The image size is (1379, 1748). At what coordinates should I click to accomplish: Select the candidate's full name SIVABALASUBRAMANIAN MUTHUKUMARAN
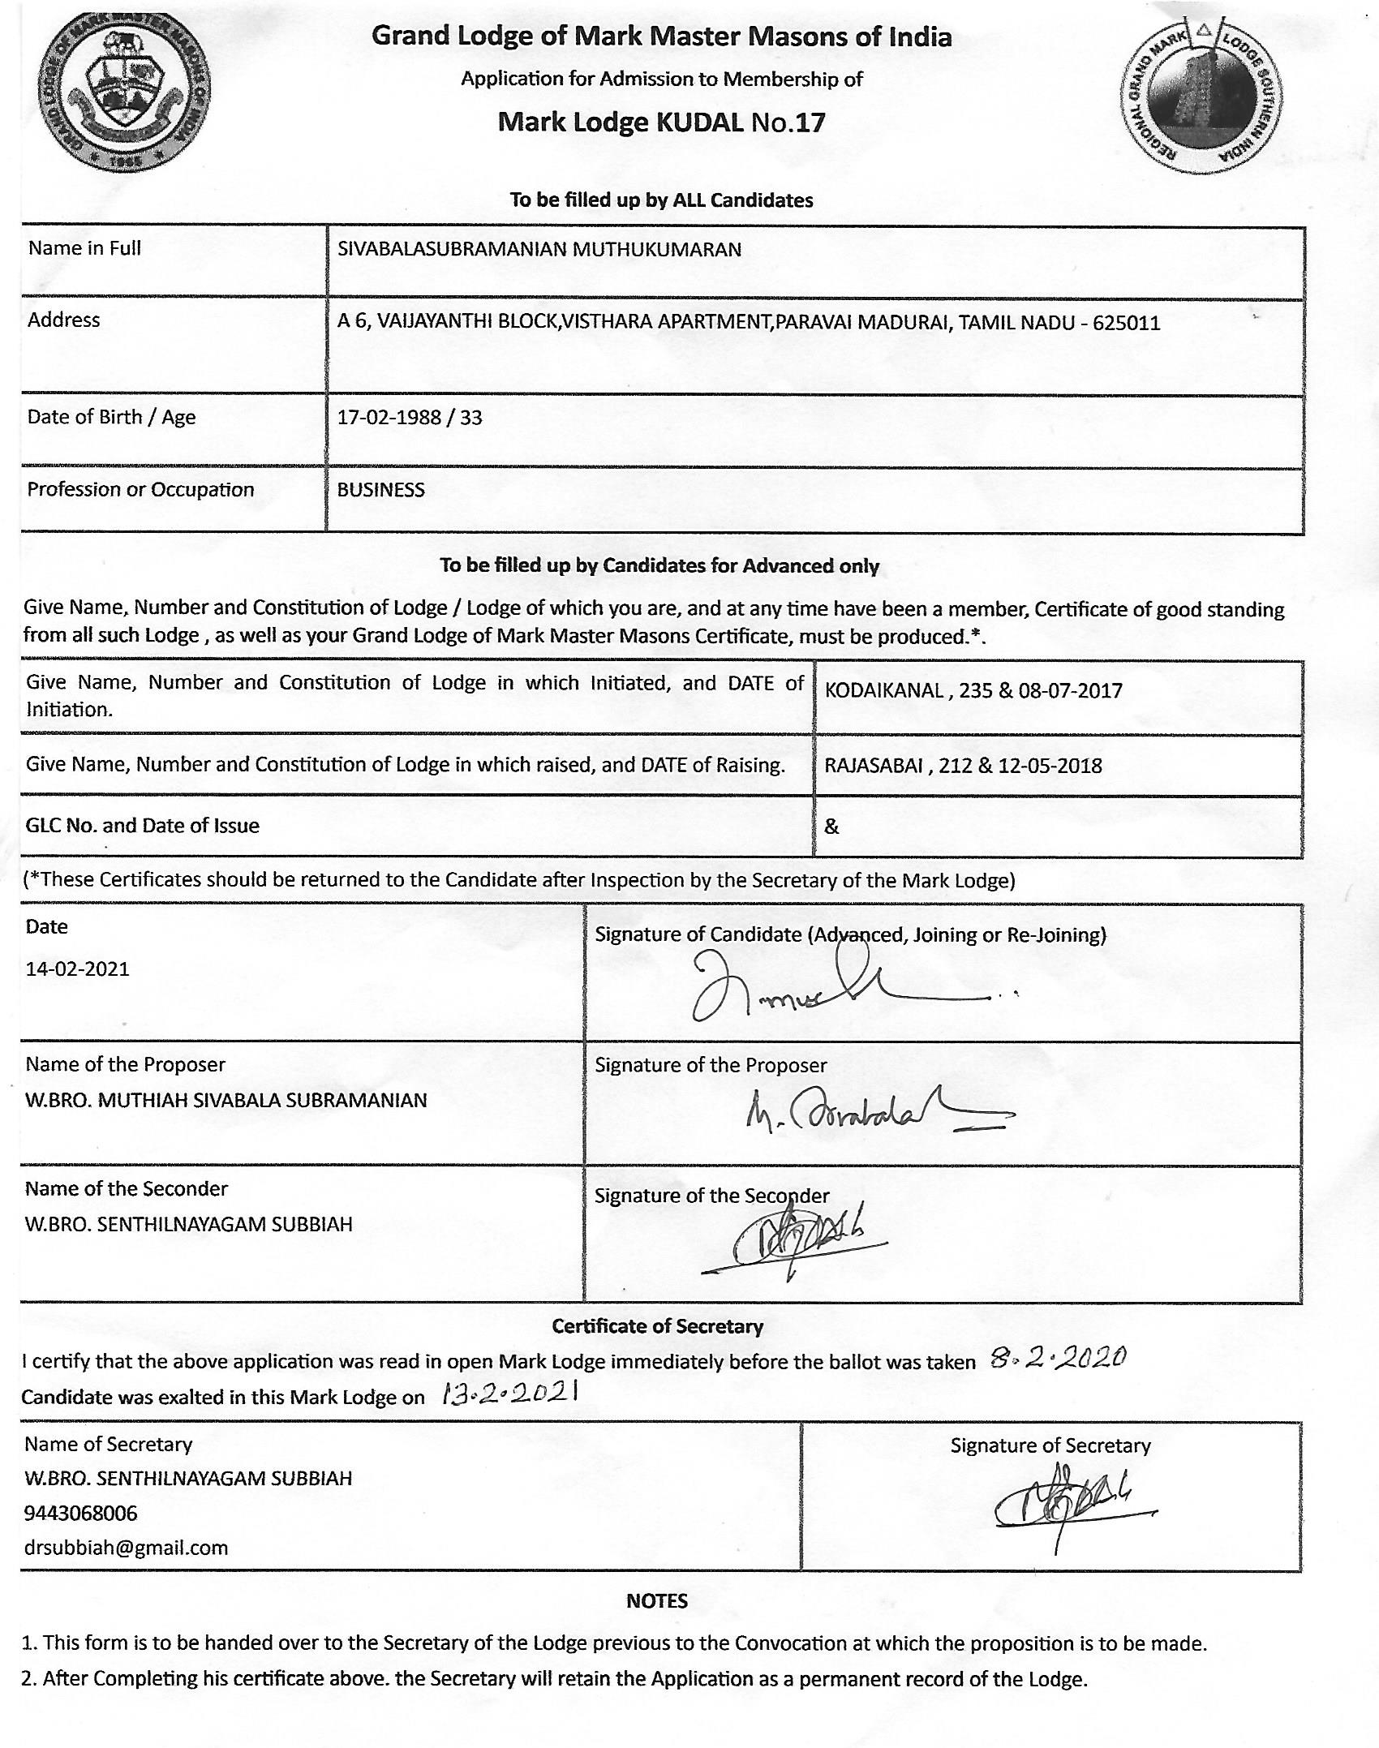click(x=539, y=250)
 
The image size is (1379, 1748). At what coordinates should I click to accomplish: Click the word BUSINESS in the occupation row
click(x=380, y=490)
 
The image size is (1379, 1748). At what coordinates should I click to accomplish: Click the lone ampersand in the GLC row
click(x=831, y=827)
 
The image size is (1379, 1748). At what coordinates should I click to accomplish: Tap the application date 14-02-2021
click(x=78, y=969)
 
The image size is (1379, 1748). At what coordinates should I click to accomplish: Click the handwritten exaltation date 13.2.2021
click(x=509, y=1394)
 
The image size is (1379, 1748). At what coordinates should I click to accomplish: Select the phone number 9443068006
click(x=81, y=1514)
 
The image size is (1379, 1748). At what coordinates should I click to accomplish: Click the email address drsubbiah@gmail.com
click(x=126, y=1548)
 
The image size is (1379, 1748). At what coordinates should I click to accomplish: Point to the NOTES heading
click(x=656, y=1601)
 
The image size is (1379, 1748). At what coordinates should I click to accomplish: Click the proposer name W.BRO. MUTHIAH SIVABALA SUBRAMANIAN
click(x=226, y=1101)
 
